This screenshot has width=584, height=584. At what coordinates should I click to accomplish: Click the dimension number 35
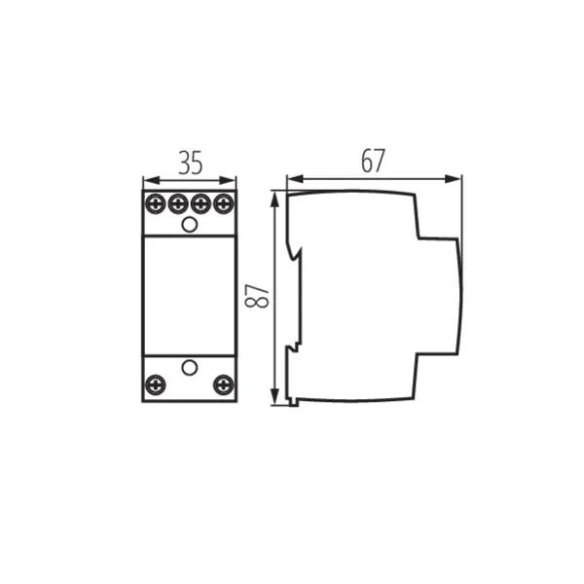coord(190,163)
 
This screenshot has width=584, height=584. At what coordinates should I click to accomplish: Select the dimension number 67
coord(373,162)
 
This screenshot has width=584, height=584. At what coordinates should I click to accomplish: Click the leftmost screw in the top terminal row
coord(156,204)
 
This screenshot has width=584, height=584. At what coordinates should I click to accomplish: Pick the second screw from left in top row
coord(178,204)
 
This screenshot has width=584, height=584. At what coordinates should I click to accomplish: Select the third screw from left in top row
coord(201,204)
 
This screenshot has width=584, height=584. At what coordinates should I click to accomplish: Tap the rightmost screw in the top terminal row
coord(224,204)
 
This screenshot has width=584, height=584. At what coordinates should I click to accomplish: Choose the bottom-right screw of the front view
coord(224,385)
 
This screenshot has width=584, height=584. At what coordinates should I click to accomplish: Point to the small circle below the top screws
coord(190,225)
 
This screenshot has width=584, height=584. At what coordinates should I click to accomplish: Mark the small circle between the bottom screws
coord(190,368)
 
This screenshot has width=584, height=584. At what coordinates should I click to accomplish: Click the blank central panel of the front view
coord(190,295)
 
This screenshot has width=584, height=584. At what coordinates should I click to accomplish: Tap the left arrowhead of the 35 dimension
coord(147,180)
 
